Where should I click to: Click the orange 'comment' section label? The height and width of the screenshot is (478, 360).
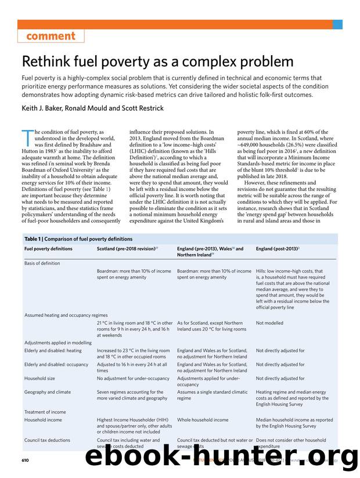(x=51, y=36)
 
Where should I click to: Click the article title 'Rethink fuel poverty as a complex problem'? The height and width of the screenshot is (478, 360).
(x=157, y=61)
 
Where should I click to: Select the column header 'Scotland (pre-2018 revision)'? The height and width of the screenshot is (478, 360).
(x=127, y=249)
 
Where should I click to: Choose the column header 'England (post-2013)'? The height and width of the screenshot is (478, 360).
(x=277, y=249)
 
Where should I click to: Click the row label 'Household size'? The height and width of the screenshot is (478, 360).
(x=39, y=378)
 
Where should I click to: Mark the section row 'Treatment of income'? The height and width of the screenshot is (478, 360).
(x=45, y=412)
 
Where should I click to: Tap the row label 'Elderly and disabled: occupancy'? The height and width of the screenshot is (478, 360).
(x=56, y=364)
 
